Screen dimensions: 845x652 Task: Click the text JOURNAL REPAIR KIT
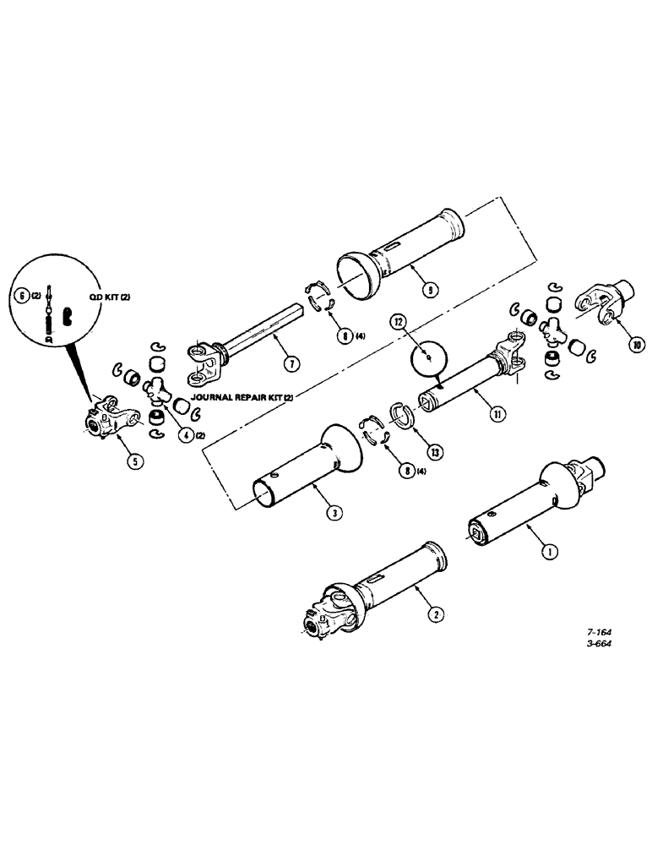[x=241, y=395]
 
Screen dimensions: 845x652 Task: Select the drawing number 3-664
[x=599, y=642]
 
